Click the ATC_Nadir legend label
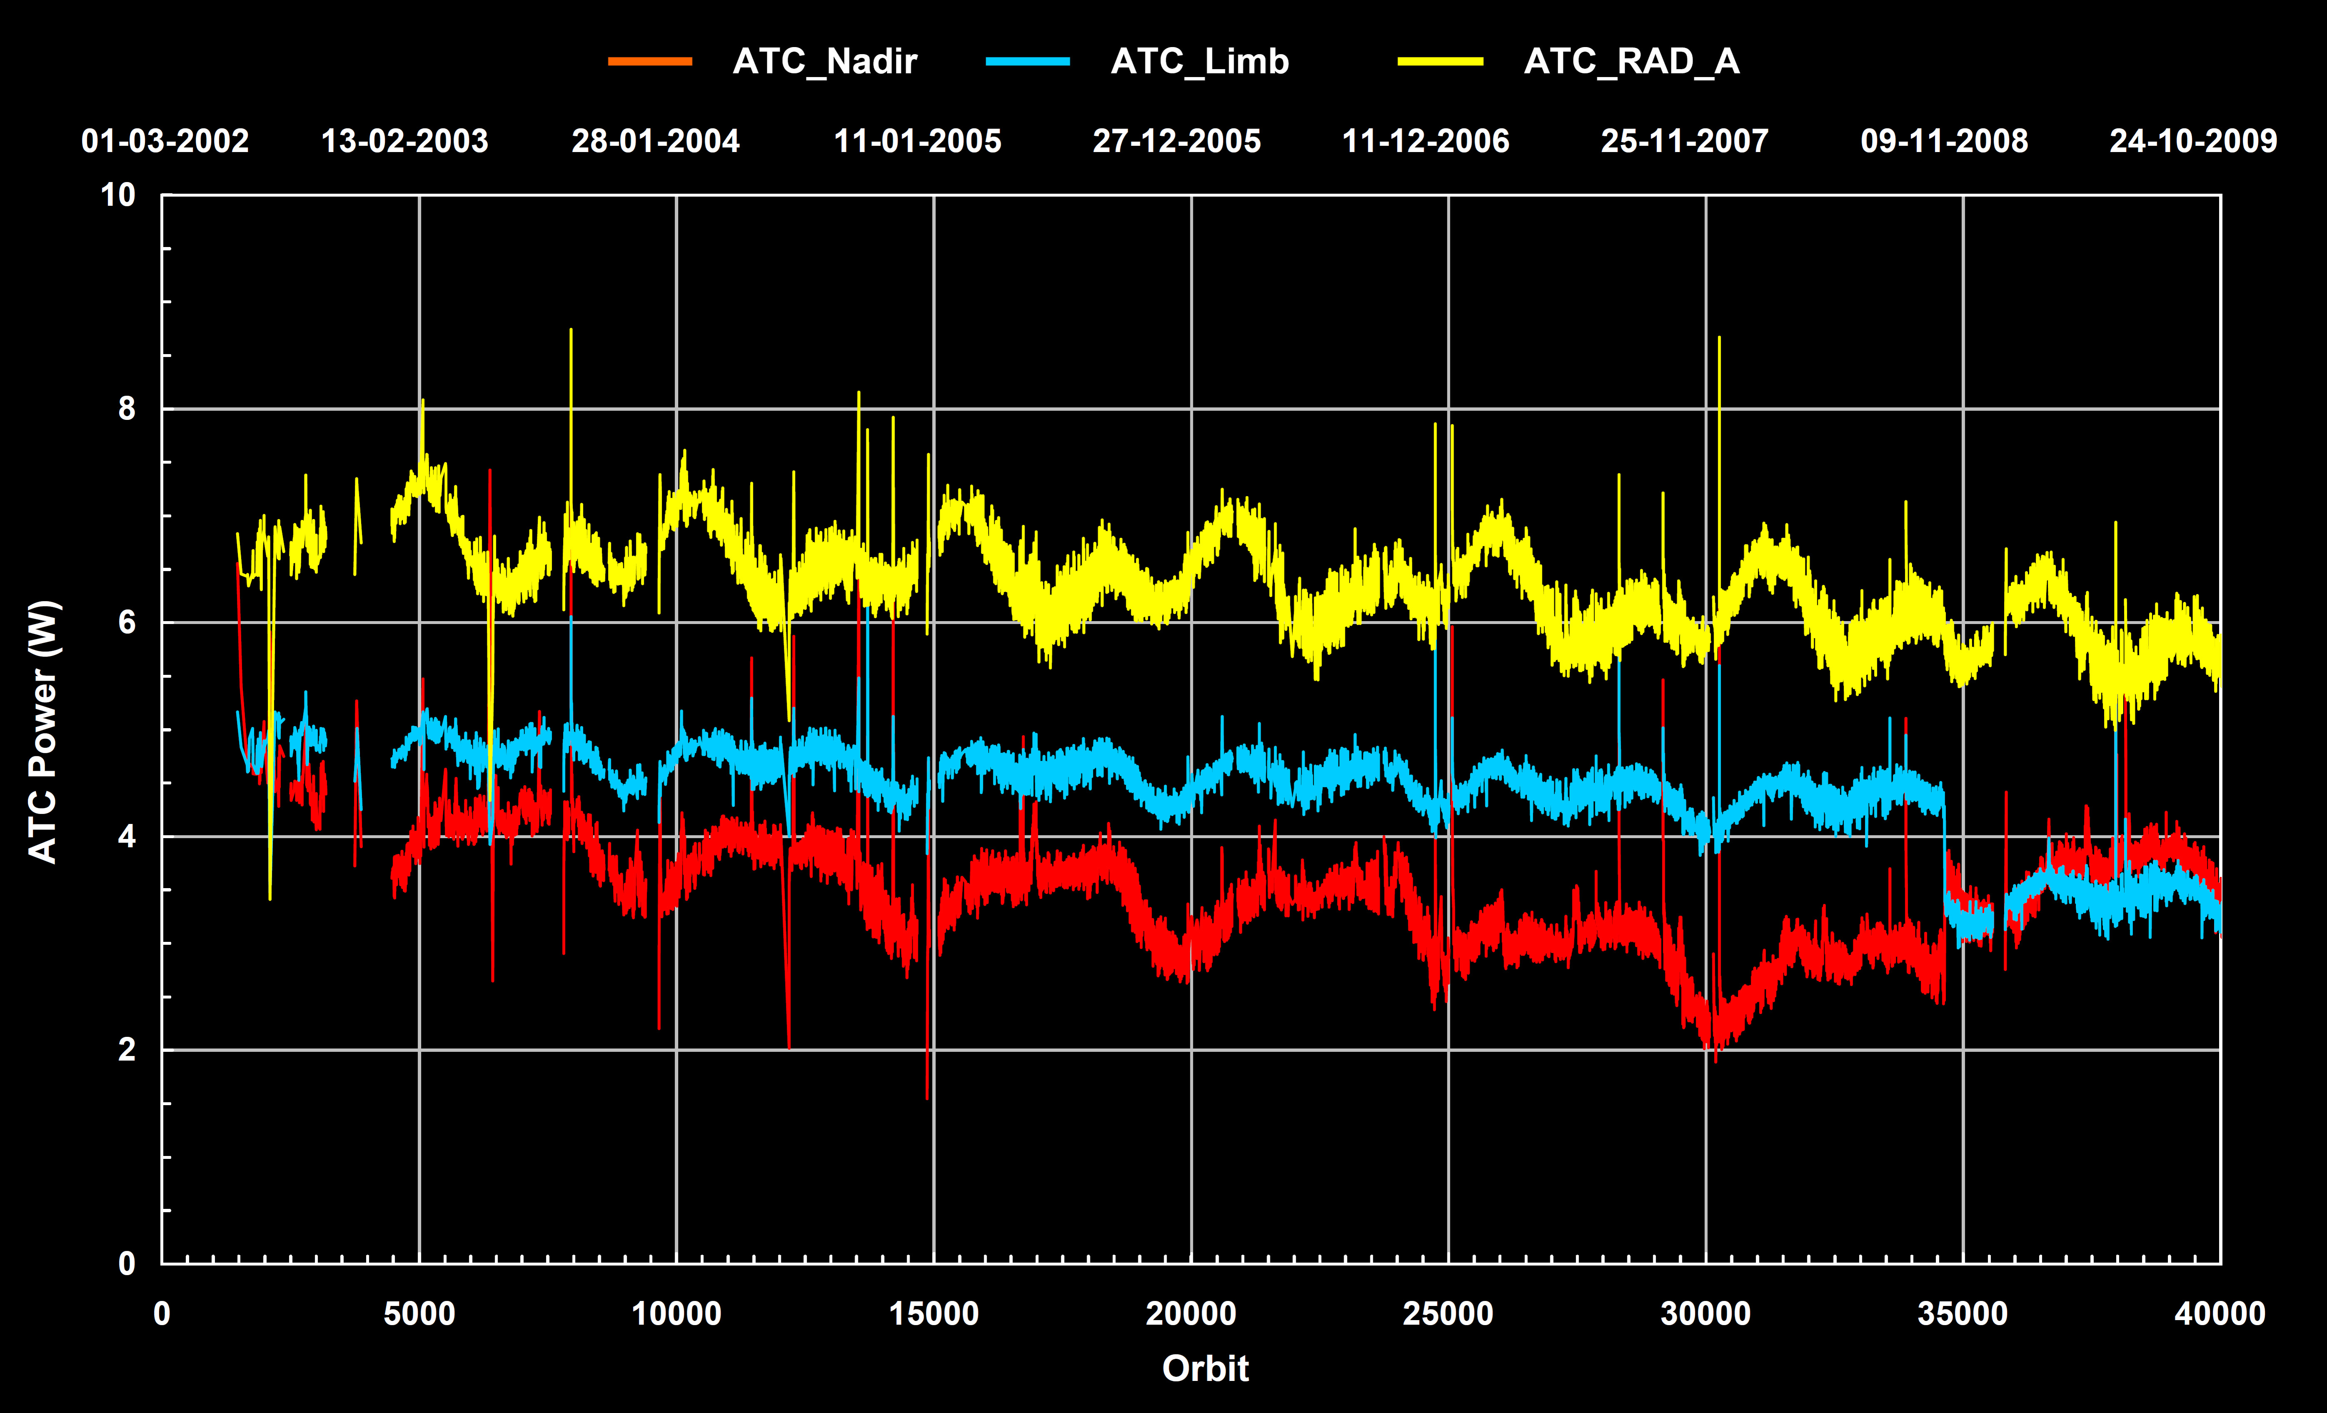point(824,61)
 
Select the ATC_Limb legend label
point(1200,61)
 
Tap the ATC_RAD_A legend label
point(1631,61)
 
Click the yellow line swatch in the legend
point(1440,61)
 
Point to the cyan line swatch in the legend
point(1028,61)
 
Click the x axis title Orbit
point(1205,1368)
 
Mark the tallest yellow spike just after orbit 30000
point(1719,338)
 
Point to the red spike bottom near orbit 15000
point(928,1098)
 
